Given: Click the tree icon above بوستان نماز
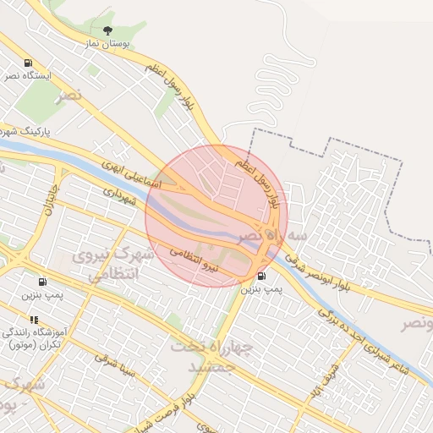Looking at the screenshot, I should (106, 30).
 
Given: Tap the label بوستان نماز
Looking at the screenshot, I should (106, 43).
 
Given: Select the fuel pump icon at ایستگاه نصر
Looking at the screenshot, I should (29, 63).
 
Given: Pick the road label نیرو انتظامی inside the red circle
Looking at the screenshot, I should (194, 260).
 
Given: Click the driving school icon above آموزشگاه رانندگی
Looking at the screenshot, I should (34, 320).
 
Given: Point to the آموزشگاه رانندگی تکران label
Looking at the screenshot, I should (33, 337).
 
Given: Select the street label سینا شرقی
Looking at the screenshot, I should (114, 364).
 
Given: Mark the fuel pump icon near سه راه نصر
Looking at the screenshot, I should (260, 276).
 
